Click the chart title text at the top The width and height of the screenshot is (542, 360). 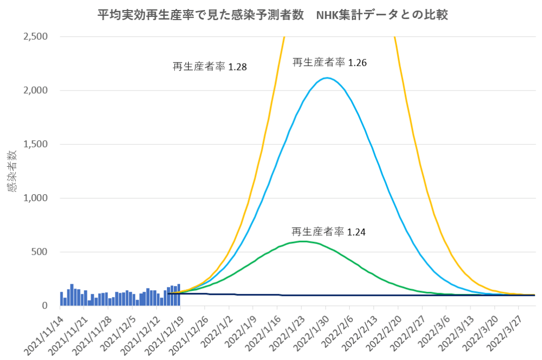coord(273,15)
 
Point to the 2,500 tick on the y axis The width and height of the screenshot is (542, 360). coord(35,37)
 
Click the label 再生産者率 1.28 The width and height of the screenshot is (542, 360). coord(210,67)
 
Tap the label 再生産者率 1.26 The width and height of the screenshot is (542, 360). coord(330,63)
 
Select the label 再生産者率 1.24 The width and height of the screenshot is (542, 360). coord(329,232)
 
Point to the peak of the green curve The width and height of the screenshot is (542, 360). coord(302,241)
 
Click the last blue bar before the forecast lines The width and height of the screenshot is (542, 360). coord(179,295)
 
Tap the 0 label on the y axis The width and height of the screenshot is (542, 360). coord(44,306)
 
